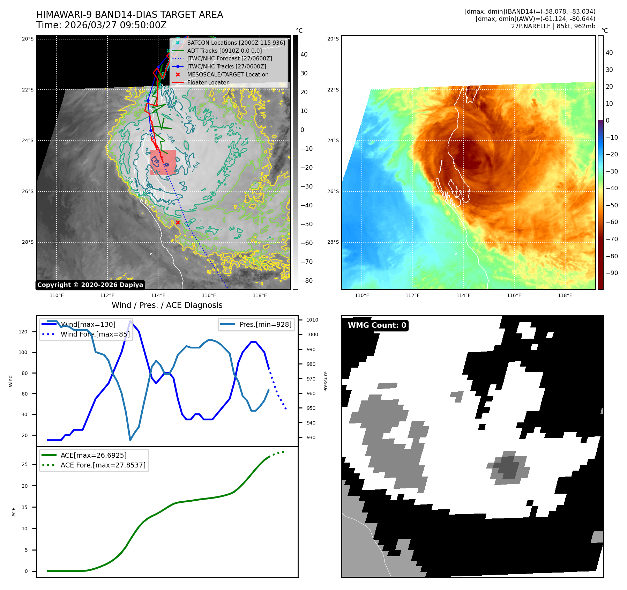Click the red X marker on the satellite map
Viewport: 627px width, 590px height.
click(178, 222)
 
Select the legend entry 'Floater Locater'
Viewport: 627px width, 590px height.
click(208, 83)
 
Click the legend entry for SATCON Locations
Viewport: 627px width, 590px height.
click(236, 43)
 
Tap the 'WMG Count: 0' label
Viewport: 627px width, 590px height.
click(377, 325)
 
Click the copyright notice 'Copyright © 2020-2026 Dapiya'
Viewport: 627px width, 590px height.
click(90, 285)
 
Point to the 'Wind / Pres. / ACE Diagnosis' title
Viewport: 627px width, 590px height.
click(167, 305)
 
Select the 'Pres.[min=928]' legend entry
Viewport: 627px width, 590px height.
click(265, 324)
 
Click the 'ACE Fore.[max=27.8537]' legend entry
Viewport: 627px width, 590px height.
click(103, 465)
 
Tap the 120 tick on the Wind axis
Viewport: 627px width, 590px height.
click(23, 332)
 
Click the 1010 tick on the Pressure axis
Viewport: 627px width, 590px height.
click(312, 320)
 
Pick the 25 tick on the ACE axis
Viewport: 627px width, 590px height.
click(25, 464)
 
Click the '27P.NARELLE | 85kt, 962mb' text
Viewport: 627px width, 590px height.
click(553, 26)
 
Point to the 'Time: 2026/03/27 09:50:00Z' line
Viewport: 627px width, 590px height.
click(102, 25)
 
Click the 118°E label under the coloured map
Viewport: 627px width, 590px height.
click(565, 295)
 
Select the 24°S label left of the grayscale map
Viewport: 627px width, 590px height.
click(28, 140)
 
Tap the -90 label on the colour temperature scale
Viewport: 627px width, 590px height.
click(612, 273)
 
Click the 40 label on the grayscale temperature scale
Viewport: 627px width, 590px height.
click(304, 54)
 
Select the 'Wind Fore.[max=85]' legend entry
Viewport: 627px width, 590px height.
click(95, 334)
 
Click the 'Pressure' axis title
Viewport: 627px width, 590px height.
click(326, 381)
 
